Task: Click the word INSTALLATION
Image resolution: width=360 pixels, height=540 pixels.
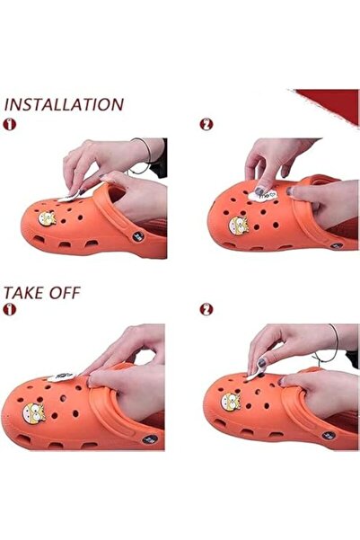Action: pyautogui.click(x=64, y=105)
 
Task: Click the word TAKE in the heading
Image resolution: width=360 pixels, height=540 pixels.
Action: pyautogui.click(x=23, y=293)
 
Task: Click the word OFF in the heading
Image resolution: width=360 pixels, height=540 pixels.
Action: pyautogui.click(x=65, y=293)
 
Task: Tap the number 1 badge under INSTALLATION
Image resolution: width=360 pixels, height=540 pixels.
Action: pyautogui.click(x=9, y=124)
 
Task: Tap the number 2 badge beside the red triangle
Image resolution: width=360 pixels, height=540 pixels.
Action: pyautogui.click(x=206, y=124)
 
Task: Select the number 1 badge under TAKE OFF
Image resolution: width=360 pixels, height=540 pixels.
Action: pyautogui.click(x=9, y=309)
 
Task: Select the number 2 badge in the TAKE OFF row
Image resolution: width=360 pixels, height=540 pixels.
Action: pyautogui.click(x=206, y=309)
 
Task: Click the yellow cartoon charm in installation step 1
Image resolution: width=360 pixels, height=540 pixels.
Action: pyautogui.click(x=47, y=218)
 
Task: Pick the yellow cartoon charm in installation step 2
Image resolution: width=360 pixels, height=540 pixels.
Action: pyautogui.click(x=239, y=226)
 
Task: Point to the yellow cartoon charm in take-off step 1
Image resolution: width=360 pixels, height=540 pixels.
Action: pyautogui.click(x=34, y=413)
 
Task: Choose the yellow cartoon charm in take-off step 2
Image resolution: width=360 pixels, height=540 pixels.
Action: pyautogui.click(x=231, y=402)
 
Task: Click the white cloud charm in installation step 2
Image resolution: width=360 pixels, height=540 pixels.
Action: pyautogui.click(x=262, y=195)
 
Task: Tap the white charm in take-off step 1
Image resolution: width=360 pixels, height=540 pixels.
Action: pyautogui.click(x=61, y=376)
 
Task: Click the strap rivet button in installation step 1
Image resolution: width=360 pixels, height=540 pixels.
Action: pyautogui.click(x=138, y=236)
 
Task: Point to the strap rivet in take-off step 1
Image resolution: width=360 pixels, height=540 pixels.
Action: pyautogui.click(x=150, y=439)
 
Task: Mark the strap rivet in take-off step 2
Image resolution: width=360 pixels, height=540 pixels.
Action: pyautogui.click(x=329, y=435)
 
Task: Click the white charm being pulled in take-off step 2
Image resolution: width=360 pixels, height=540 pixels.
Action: pyautogui.click(x=255, y=375)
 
